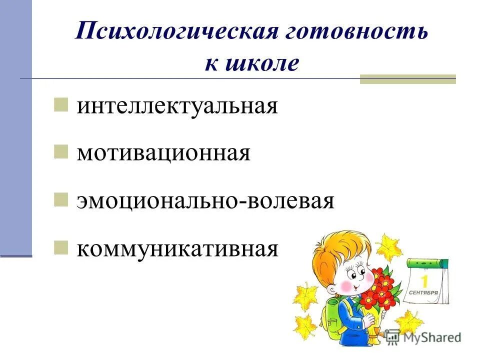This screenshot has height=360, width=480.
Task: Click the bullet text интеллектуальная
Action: pyautogui.click(x=177, y=106)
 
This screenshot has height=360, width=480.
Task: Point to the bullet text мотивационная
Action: pyautogui.click(x=163, y=153)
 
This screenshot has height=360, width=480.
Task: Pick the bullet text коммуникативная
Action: pyautogui.click(x=177, y=248)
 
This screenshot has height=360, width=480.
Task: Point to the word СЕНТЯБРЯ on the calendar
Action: pyautogui.click(x=424, y=292)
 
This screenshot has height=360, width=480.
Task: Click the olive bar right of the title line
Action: pyautogui.click(x=408, y=79)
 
